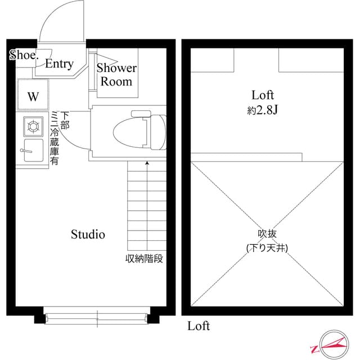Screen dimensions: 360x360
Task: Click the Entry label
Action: [59, 64]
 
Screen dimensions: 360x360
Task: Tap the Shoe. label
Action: [24, 55]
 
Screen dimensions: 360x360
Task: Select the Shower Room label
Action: [116, 75]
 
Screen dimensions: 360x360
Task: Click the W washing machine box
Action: [33, 96]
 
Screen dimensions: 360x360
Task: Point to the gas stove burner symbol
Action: [33, 126]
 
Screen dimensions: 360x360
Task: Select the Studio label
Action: [88, 235]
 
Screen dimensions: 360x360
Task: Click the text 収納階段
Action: [144, 259]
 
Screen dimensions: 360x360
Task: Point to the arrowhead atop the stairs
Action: [147, 164]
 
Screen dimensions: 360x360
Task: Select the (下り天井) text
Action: [267, 247]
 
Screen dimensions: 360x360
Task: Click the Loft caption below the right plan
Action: [198, 326]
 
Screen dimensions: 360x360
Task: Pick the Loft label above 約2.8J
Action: [263, 94]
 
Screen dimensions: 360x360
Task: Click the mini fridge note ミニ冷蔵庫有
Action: [54, 138]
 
